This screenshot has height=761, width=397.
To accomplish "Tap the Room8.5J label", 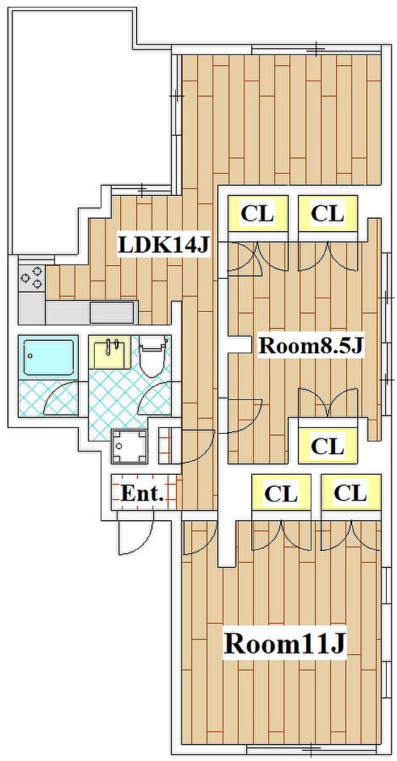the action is click(x=310, y=346).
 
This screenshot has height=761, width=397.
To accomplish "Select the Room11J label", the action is click(x=284, y=643).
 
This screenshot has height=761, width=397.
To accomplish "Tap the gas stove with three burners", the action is click(x=32, y=278).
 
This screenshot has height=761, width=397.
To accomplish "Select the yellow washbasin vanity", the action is click(x=109, y=352).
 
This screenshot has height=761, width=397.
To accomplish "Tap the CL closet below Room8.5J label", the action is click(x=328, y=445).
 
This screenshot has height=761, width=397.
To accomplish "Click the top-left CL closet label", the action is click(x=257, y=214).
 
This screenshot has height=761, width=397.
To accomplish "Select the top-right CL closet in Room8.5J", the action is click(x=328, y=214).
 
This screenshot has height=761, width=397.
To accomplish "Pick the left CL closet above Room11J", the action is click(x=281, y=493).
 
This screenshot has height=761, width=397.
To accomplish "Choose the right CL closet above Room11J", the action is click(x=351, y=493).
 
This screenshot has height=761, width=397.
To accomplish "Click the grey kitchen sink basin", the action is click(x=112, y=312).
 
